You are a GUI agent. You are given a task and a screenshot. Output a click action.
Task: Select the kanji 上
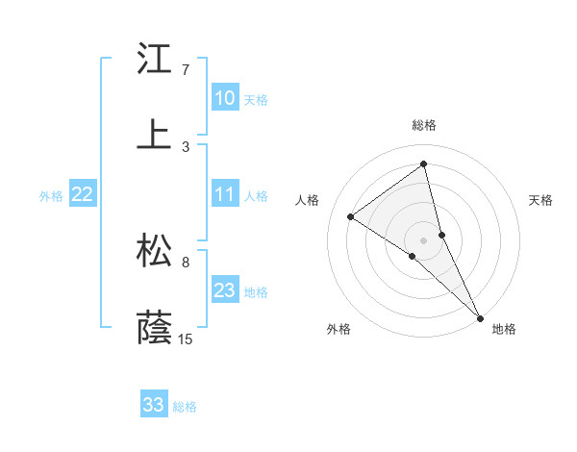pyautogui.click(x=155, y=135)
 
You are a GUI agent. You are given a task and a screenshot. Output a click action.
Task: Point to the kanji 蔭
pyautogui.click(x=155, y=327)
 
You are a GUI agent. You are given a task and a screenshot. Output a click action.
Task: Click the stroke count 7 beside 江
pyautogui.click(x=186, y=70)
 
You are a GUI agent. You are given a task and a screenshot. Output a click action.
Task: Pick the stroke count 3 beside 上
pyautogui.click(x=186, y=146)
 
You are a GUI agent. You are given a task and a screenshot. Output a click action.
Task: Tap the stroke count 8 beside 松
pyautogui.click(x=186, y=262)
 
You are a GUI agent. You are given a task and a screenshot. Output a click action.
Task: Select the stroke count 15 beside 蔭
pyautogui.click(x=186, y=339)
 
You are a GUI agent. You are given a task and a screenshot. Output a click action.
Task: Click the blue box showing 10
pyautogui.click(x=225, y=98)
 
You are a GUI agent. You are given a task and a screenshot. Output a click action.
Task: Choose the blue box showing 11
pyautogui.click(x=225, y=194)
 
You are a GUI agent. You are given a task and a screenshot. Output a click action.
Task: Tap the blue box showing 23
pyautogui.click(x=225, y=290)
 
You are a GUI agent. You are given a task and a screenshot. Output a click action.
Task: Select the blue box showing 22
pyautogui.click(x=83, y=194)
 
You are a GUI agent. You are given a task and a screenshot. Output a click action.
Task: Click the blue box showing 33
pyautogui.click(x=154, y=405)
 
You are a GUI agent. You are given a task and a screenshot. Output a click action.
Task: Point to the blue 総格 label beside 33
pyautogui.click(x=185, y=407)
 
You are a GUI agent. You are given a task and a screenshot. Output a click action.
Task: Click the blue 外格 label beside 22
pyautogui.click(x=51, y=196)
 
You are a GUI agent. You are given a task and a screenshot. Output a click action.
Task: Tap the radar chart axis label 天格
pyautogui.click(x=541, y=200)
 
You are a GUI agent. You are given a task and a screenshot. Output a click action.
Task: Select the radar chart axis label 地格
pyautogui.click(x=504, y=329)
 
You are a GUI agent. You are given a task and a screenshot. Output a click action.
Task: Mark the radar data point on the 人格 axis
pyautogui.click(x=351, y=216)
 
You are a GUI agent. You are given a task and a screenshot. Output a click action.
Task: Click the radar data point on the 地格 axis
pyautogui.click(x=480, y=316)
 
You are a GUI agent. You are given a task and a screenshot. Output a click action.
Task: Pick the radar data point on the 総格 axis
pyautogui.click(x=423, y=164)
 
